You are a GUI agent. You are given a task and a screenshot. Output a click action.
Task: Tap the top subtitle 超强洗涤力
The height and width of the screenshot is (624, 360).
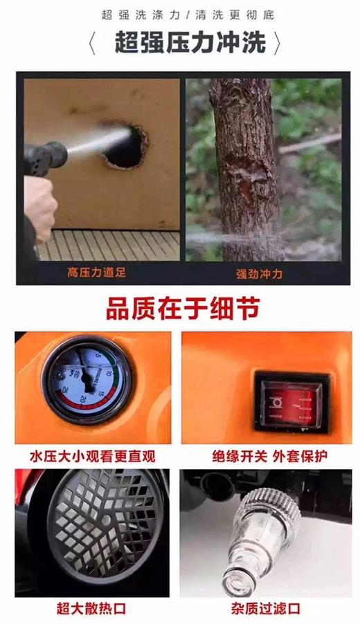tap(136, 14)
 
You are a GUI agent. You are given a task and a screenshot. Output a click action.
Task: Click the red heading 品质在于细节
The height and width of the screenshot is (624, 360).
tap(183, 307)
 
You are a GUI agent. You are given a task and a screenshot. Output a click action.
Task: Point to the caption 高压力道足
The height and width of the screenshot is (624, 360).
tap(97, 273)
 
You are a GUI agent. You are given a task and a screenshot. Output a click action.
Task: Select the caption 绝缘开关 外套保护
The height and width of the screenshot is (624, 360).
tap(270, 457)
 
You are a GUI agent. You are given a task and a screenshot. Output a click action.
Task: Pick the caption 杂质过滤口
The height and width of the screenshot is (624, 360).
tap(266, 609)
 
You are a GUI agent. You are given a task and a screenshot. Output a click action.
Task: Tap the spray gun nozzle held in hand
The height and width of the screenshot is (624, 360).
tap(46, 154)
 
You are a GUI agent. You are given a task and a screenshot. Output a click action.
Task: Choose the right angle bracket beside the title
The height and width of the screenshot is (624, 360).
tap(277, 44)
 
